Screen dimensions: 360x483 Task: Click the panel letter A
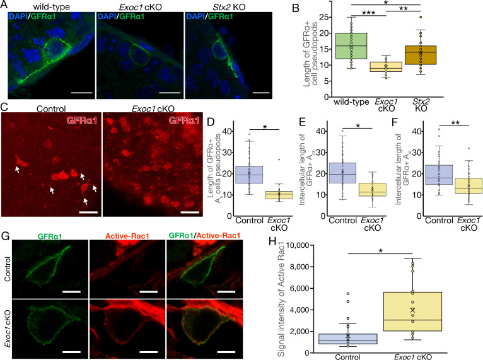[x=5, y=6]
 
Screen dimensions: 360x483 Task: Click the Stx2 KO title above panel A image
[x=216, y=6]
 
